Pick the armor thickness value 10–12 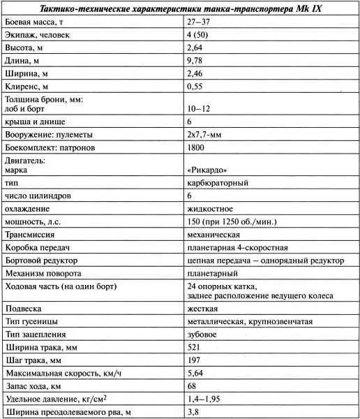[200, 109]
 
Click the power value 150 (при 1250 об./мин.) [232, 221]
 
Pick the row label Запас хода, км [34, 386]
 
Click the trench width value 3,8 [193, 412]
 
